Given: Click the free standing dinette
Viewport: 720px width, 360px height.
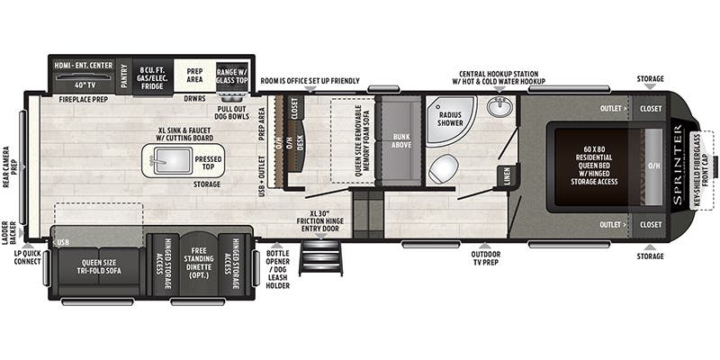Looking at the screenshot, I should [197, 263].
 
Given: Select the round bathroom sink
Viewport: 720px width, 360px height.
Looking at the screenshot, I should [500, 108].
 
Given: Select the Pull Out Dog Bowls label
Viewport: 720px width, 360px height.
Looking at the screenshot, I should [232, 112].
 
